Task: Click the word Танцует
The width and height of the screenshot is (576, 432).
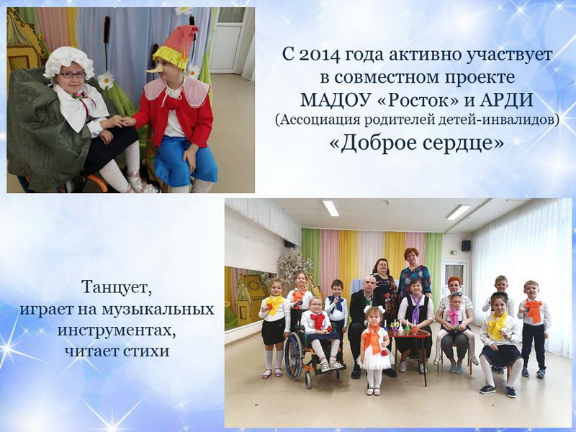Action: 117,287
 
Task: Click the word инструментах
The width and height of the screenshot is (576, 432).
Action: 117,330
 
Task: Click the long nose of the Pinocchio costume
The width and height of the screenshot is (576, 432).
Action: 153,69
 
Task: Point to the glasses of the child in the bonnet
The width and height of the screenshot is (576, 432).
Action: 72,75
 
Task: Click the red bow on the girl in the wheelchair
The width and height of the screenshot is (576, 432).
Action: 318,319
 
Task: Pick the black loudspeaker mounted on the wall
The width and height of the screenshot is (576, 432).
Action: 466,246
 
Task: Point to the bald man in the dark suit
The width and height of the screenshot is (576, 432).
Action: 366,323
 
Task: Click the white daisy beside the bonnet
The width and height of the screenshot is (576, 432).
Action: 106,80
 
